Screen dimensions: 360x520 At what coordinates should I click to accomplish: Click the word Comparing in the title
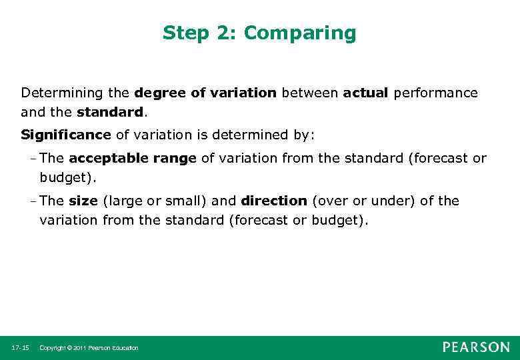(x=308, y=33)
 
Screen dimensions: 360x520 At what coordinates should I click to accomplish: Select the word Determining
(x=58, y=93)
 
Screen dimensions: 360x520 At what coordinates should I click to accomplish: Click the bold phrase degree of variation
(x=205, y=93)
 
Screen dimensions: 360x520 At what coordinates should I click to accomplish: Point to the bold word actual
(x=365, y=93)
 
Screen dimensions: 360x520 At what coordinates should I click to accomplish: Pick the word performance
(x=435, y=93)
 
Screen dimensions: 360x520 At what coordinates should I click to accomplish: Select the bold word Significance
(x=66, y=135)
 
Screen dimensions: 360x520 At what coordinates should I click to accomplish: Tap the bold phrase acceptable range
(x=133, y=159)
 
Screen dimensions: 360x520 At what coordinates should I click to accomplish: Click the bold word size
(x=83, y=201)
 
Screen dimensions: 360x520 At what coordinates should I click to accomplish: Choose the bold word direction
(x=274, y=201)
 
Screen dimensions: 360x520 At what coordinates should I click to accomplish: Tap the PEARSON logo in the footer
(x=476, y=347)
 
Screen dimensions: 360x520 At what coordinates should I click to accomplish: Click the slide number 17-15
(x=20, y=348)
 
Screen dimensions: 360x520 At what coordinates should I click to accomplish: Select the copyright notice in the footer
(x=89, y=348)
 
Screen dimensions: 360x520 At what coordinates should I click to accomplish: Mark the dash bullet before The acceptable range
(x=33, y=159)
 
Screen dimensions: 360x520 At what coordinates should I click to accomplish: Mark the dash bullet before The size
(x=33, y=201)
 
